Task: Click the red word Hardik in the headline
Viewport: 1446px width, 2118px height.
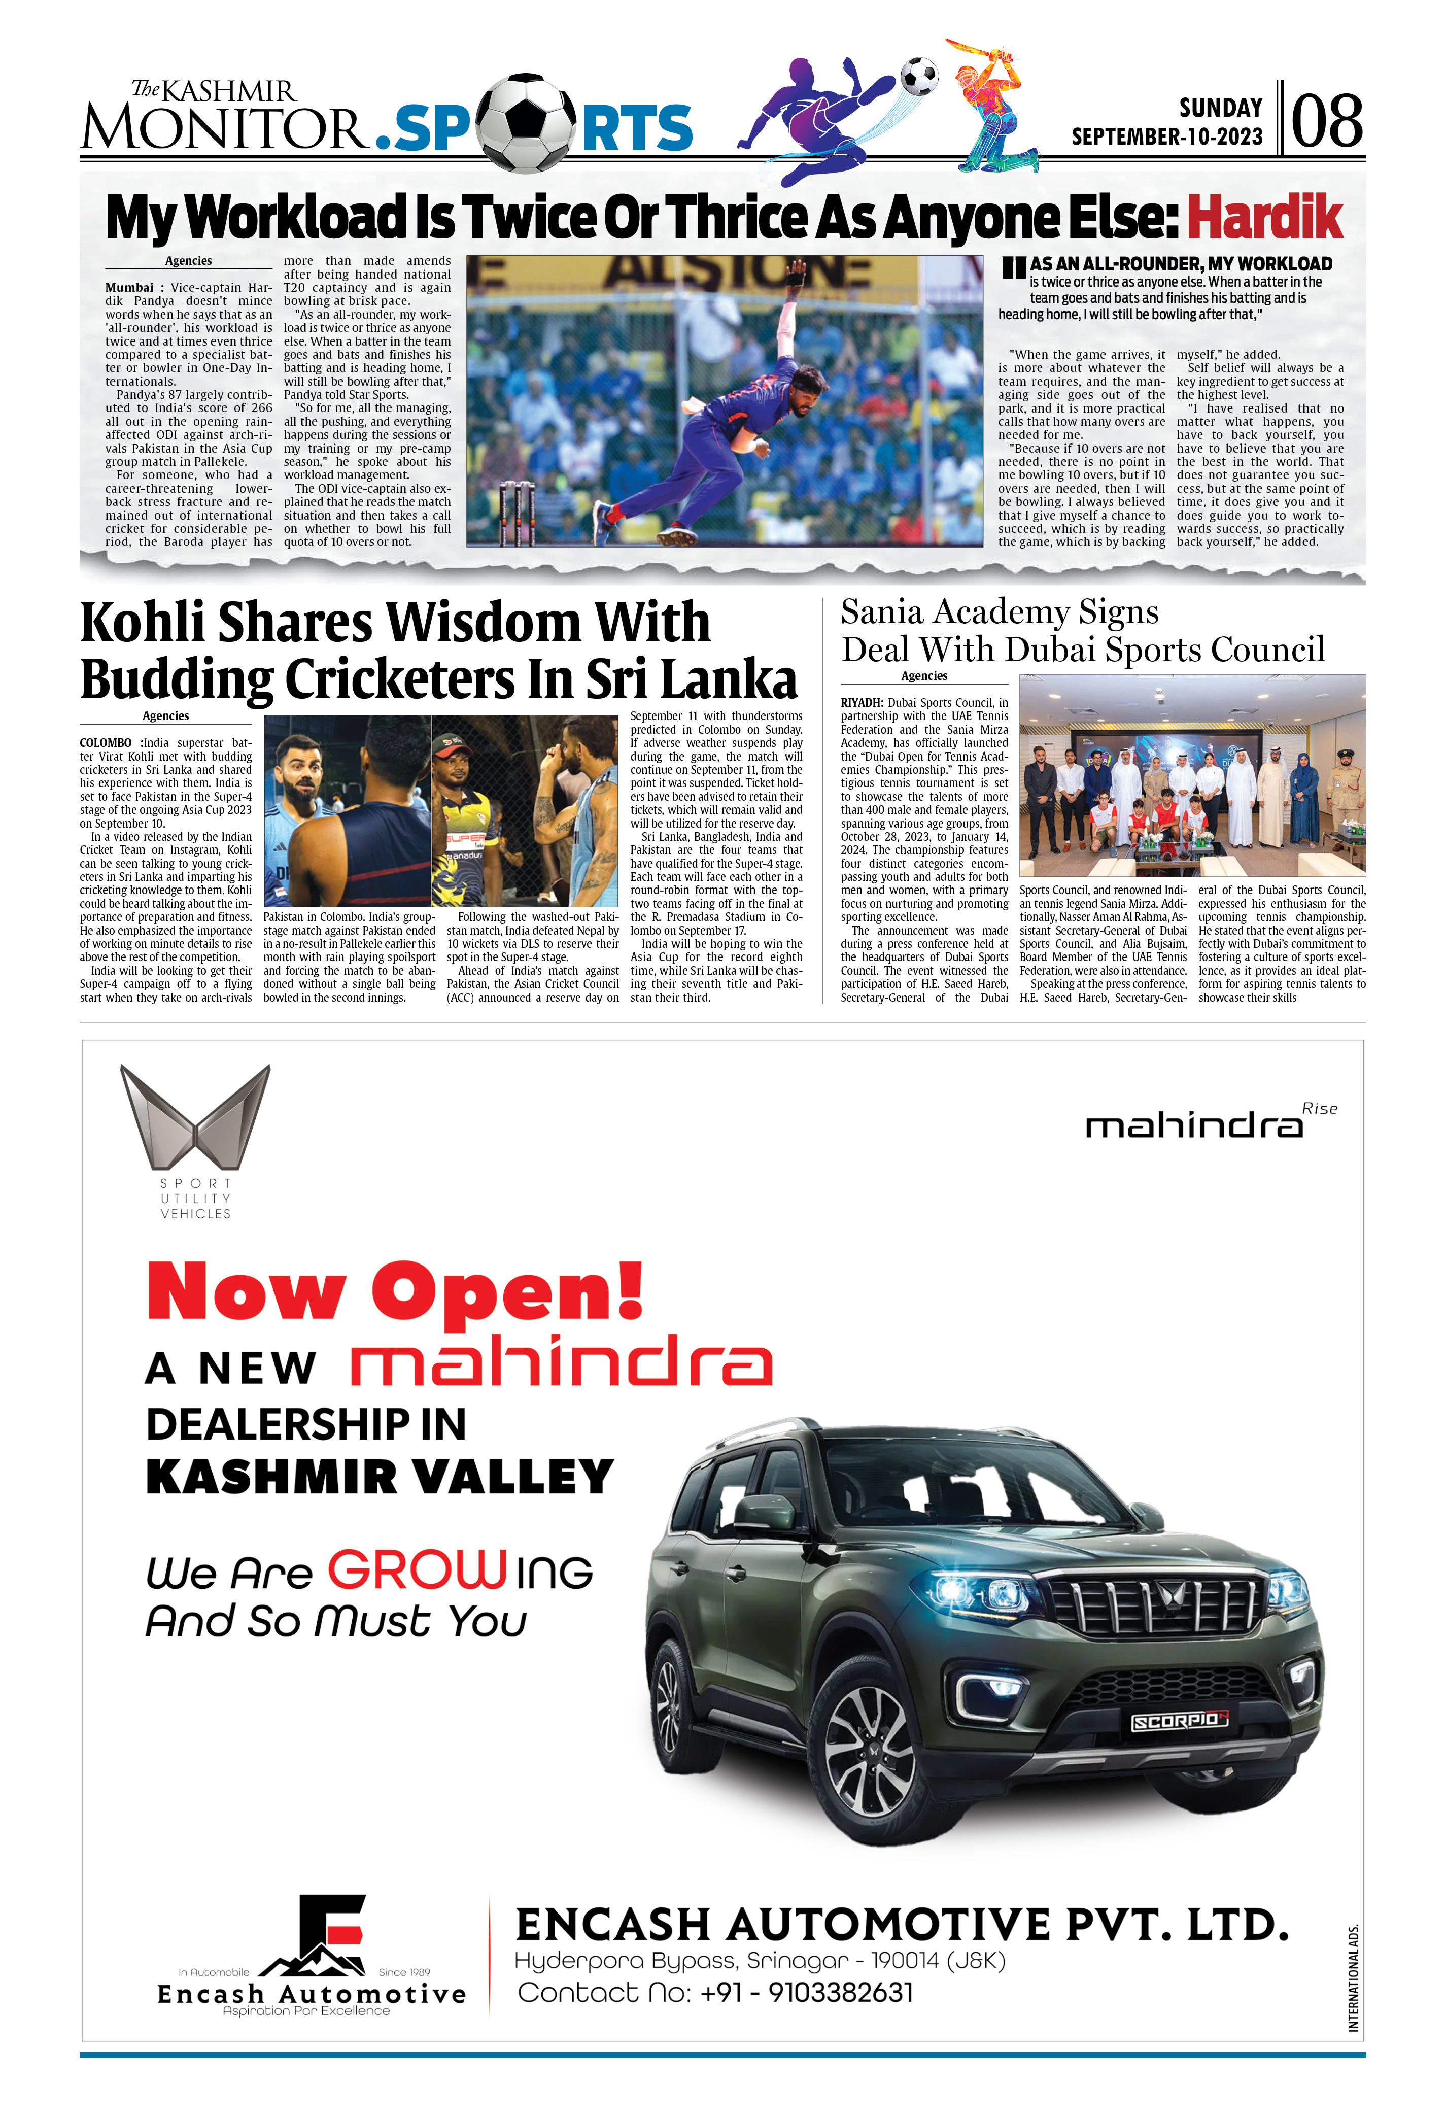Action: pyautogui.click(x=1265, y=217)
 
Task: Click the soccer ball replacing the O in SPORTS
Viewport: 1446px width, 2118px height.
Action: pyautogui.click(x=524, y=123)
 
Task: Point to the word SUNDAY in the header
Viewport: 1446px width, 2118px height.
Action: pyautogui.click(x=1220, y=108)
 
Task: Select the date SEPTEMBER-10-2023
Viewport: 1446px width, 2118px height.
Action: pyautogui.click(x=1166, y=136)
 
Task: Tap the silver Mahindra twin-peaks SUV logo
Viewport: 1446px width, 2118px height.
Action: pyautogui.click(x=195, y=1117)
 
